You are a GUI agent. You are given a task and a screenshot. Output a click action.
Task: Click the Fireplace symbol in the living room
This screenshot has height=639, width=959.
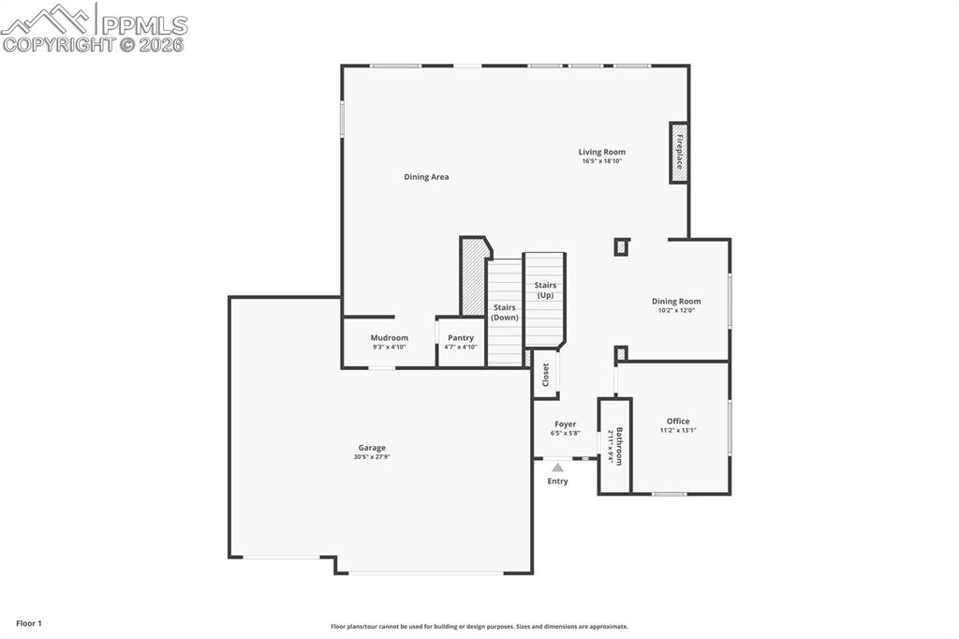[x=679, y=153]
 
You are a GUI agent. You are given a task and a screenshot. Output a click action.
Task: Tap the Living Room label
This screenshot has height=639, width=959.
[x=601, y=152]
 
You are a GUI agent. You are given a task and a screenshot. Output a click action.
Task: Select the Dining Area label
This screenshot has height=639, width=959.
[x=426, y=177]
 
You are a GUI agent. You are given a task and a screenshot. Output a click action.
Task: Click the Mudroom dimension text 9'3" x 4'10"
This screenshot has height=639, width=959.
[x=389, y=347]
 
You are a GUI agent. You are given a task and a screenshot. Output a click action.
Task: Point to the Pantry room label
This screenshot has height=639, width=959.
[x=461, y=337]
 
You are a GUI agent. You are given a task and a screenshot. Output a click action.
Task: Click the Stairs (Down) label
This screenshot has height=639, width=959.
[x=505, y=312]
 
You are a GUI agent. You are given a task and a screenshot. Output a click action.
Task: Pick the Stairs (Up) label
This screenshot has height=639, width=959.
[x=545, y=290]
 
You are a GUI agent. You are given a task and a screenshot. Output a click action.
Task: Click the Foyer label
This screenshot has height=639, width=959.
[x=565, y=424]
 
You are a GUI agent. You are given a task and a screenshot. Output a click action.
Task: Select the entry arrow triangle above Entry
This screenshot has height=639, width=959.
[x=557, y=467]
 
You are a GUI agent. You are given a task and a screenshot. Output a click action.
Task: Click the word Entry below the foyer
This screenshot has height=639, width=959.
[x=557, y=482]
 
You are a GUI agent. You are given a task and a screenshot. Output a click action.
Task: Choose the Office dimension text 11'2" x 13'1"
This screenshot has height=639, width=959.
[x=678, y=430]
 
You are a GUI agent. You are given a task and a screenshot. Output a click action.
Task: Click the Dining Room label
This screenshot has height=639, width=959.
[x=676, y=302]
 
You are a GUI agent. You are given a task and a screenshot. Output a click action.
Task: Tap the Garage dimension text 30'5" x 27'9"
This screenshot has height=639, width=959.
[x=372, y=456]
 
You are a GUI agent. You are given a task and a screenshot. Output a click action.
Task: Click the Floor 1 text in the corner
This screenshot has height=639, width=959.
[x=29, y=623]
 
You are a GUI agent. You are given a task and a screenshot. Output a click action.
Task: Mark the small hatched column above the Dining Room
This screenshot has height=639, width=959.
[x=621, y=247]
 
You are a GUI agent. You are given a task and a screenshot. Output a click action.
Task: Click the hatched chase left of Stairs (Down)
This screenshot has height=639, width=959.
[x=474, y=278]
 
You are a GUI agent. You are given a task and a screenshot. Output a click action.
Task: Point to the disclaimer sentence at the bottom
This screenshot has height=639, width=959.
[x=479, y=627]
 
